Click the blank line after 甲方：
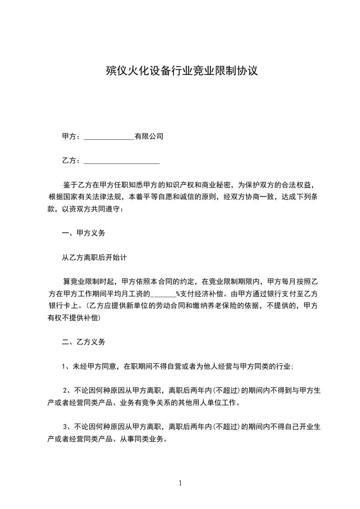(109, 137)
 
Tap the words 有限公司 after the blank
(149, 137)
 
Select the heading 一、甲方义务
(84, 233)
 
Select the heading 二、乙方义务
(84, 342)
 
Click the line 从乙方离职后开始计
(94, 258)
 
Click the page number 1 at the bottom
(180, 483)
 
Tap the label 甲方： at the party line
(71, 137)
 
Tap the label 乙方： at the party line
(71, 161)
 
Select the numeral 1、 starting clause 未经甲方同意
(66, 367)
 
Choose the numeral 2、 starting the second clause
(66, 390)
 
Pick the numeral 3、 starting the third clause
(66, 427)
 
